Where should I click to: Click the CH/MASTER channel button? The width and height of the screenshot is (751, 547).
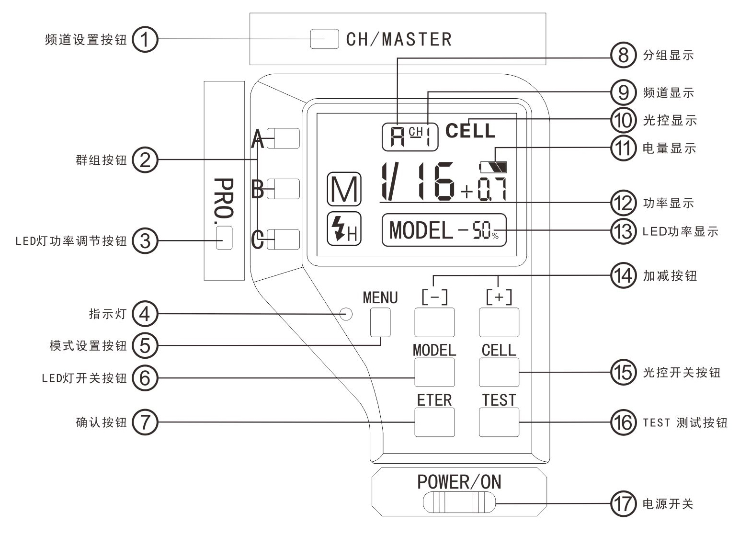[x=324, y=39]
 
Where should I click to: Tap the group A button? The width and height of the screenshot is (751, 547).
[x=283, y=138]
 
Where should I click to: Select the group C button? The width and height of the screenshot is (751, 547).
[x=283, y=239]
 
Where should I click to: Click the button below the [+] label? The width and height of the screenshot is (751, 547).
[x=499, y=322]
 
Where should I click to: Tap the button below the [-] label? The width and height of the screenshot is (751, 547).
[x=434, y=322]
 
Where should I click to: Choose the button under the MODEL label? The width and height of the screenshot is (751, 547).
[x=434, y=372]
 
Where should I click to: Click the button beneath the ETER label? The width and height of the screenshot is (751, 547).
[x=434, y=422]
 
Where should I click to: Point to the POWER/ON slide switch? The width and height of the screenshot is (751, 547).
[x=459, y=503]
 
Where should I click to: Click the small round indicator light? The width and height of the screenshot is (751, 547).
[x=346, y=314]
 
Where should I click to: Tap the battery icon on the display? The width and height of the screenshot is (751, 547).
[x=494, y=167]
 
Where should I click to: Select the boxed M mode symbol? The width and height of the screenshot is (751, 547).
[x=344, y=189]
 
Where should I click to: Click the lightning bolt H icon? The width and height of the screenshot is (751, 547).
[x=344, y=228]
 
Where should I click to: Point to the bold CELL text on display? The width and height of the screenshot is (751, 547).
[x=470, y=131]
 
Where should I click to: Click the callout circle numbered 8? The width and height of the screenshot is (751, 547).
[x=623, y=55]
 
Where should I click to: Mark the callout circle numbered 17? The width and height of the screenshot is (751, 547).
[x=623, y=503]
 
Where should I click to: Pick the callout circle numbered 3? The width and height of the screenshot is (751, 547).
[x=145, y=240]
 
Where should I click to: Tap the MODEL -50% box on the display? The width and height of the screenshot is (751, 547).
[x=444, y=230]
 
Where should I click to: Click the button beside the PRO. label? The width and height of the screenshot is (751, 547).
[x=224, y=238]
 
